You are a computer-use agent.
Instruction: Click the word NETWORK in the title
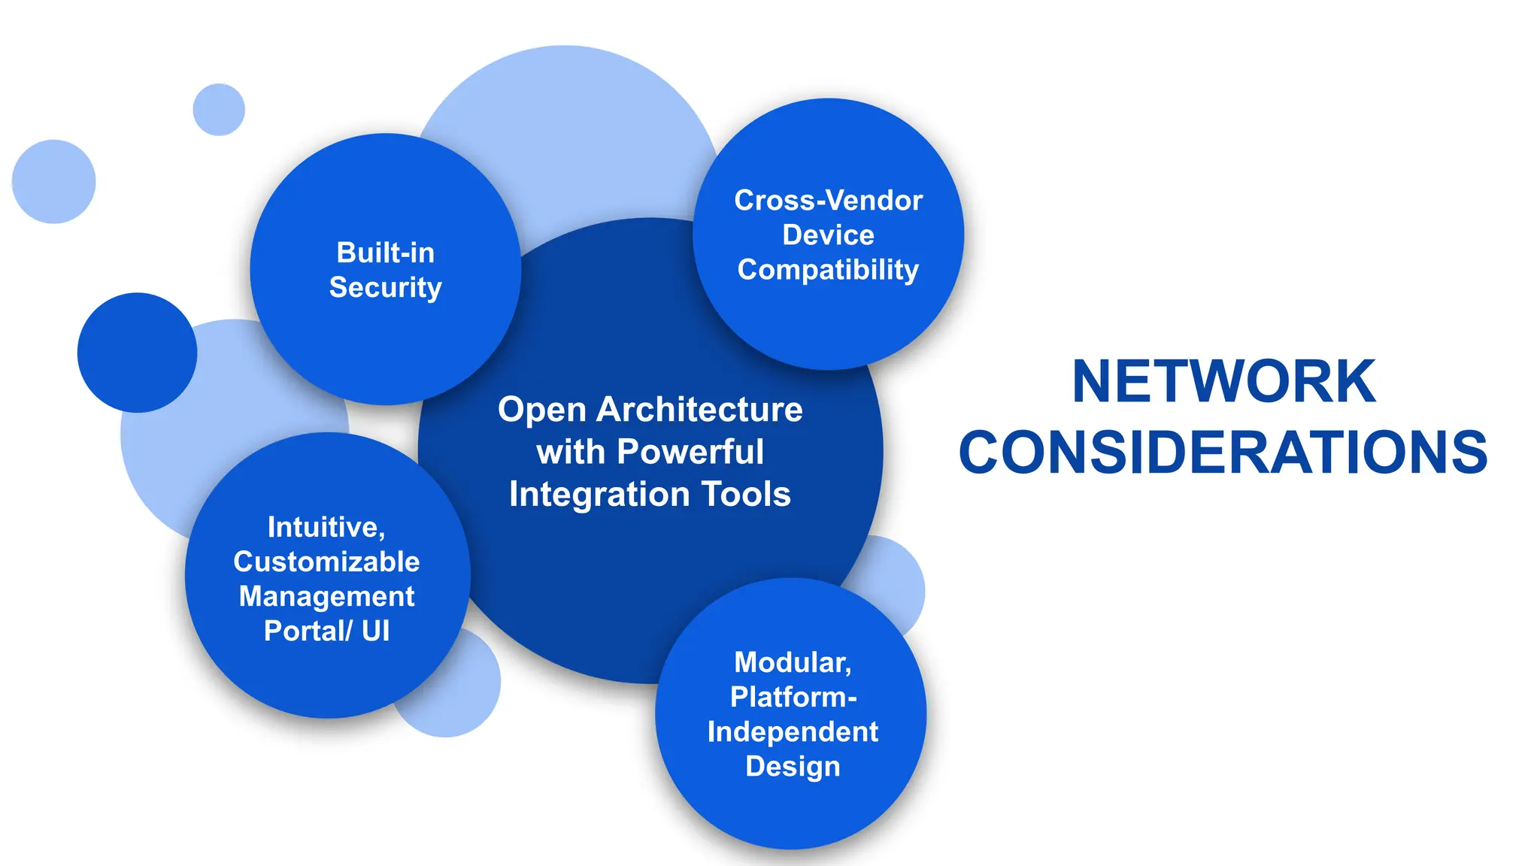click(1223, 382)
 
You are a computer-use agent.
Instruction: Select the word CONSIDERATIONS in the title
click(1223, 453)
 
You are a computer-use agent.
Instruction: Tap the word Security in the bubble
click(385, 288)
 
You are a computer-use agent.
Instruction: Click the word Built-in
click(385, 253)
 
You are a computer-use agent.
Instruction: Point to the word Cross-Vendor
click(828, 201)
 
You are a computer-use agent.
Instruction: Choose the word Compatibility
click(828, 270)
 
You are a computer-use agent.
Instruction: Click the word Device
click(828, 235)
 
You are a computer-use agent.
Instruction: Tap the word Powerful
click(690, 452)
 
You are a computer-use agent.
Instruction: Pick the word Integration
click(599, 495)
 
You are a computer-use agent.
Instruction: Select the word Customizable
click(326, 562)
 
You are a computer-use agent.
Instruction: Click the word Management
click(326, 596)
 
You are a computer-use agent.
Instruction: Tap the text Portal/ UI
click(326, 631)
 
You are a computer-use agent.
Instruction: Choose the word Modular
click(792, 663)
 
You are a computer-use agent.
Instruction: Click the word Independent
click(793, 731)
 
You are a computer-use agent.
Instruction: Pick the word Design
click(793, 766)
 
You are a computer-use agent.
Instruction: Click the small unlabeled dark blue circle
click(137, 353)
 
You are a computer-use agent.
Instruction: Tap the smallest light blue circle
click(219, 110)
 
